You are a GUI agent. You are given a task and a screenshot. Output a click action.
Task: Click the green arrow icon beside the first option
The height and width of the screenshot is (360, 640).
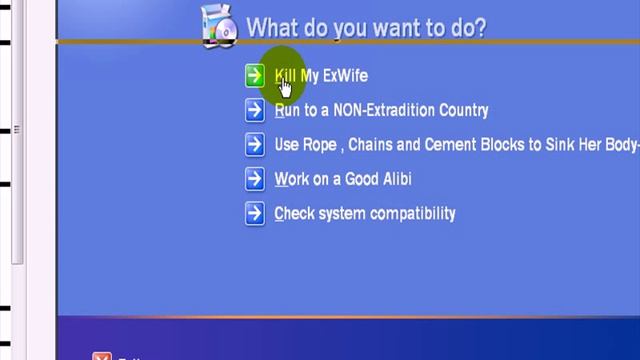pyautogui.click(x=255, y=76)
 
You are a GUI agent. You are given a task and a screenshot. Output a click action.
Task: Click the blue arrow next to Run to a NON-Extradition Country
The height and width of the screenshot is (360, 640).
pyautogui.click(x=255, y=111)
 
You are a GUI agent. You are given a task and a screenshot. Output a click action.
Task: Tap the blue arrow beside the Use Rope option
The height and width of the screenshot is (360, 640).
pyautogui.click(x=255, y=145)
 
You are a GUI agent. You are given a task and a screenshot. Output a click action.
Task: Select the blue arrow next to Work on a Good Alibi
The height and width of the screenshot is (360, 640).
pyautogui.click(x=255, y=180)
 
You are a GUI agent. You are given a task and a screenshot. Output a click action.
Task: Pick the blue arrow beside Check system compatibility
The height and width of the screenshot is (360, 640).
pyautogui.click(x=255, y=214)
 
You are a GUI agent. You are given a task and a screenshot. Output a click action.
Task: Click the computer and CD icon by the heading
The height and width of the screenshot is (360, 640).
pyautogui.click(x=219, y=27)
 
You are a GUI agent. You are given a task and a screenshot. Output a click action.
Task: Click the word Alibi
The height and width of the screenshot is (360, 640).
pyautogui.click(x=392, y=180)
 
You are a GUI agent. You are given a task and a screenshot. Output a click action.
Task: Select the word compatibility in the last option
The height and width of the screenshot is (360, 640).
pyautogui.click(x=413, y=214)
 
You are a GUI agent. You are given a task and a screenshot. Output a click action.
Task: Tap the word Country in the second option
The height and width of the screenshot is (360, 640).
pyautogui.click(x=461, y=111)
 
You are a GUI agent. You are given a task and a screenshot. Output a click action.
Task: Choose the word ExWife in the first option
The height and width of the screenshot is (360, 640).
pyautogui.click(x=345, y=76)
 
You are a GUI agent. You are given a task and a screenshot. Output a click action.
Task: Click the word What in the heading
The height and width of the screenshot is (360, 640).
pyautogui.click(x=271, y=28)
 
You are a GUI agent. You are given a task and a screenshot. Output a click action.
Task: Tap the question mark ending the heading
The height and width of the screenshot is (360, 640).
pyautogui.click(x=480, y=28)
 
